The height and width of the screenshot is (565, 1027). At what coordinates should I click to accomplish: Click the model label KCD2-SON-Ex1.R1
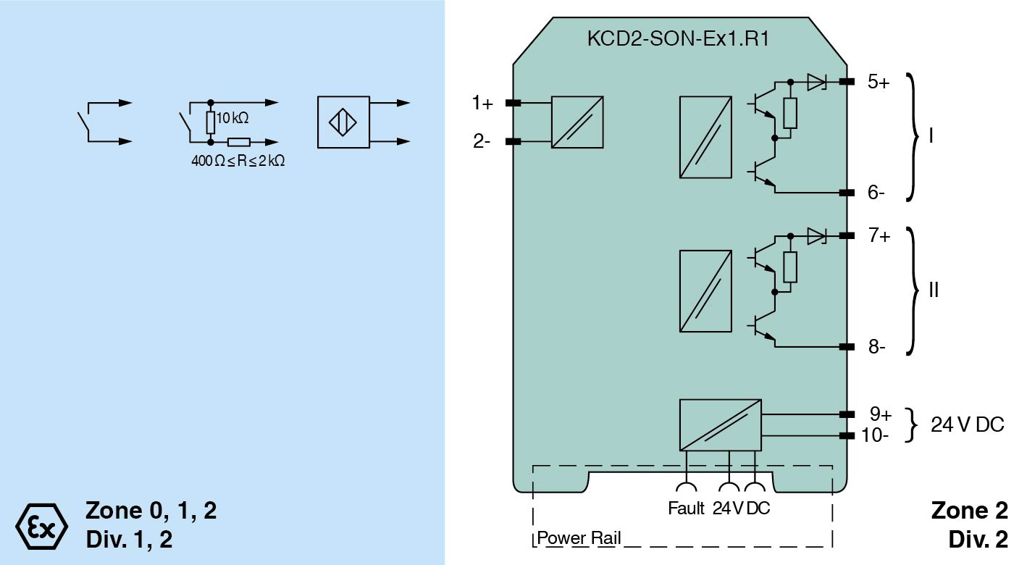coord(677,39)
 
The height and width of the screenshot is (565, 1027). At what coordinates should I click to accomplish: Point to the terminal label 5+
coord(879,81)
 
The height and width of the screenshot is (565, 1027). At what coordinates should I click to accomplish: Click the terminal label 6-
coord(876,193)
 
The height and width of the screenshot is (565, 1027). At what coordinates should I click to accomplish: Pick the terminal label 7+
coord(879,235)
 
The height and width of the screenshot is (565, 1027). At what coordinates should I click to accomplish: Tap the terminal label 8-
coord(876,347)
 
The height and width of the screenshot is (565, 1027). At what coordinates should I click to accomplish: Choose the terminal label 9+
coord(880,414)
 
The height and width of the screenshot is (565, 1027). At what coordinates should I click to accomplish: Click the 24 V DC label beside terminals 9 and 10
coord(968,425)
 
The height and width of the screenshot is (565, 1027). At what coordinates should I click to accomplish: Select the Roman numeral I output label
coord(931,137)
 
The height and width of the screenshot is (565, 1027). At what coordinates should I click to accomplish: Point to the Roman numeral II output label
coord(934,290)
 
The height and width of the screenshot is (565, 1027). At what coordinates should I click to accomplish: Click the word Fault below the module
coord(686,508)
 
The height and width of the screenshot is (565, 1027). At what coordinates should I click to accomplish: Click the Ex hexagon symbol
coord(41,524)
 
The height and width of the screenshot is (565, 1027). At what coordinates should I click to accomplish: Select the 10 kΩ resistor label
coord(232,118)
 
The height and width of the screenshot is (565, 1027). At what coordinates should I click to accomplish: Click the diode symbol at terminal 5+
coord(816,82)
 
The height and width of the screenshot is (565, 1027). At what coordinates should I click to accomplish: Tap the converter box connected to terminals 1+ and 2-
coord(577,122)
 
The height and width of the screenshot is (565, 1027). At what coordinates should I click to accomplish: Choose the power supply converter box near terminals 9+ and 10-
coord(720,424)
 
